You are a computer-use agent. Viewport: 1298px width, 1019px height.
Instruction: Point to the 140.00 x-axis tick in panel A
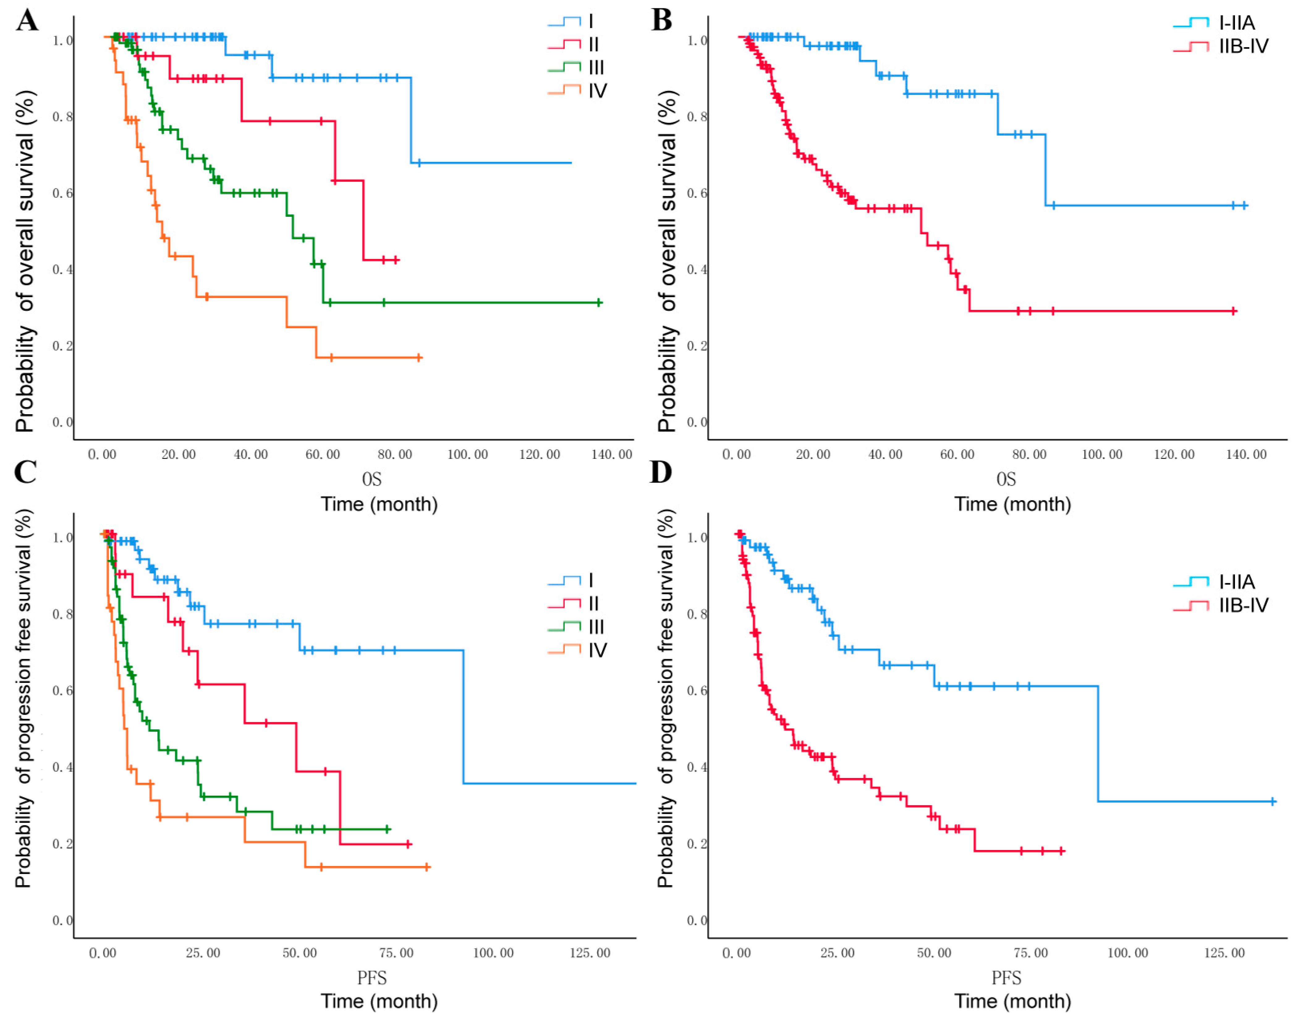[612, 455]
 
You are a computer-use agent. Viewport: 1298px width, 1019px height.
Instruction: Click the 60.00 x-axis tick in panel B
[957, 455]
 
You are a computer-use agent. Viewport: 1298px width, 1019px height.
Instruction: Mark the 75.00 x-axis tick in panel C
[396, 953]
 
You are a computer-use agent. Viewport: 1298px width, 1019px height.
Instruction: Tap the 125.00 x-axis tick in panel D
[1224, 953]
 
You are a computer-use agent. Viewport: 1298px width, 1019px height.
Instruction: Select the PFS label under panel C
[372, 978]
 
